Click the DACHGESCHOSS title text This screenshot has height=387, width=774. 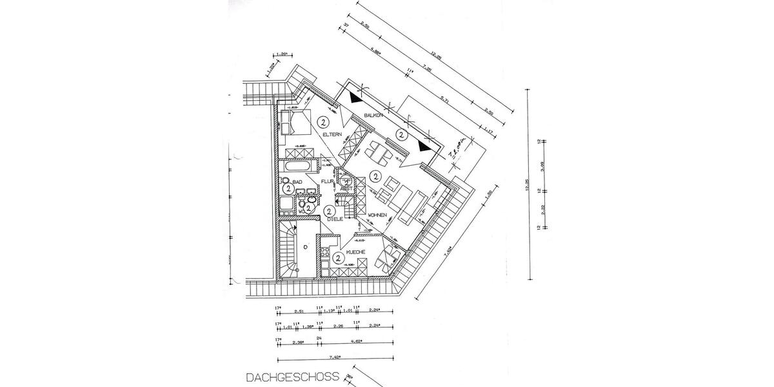click(292, 375)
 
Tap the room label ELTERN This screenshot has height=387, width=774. click(332, 134)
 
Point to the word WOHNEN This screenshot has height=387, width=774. click(377, 215)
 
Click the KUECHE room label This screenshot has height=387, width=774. click(357, 252)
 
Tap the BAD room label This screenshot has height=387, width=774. click(297, 183)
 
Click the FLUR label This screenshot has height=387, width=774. click(328, 183)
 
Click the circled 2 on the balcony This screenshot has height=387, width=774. click(401, 135)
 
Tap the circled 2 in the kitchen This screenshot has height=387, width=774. click(339, 258)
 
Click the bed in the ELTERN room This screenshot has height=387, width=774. click(294, 121)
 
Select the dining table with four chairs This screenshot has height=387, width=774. click(379, 155)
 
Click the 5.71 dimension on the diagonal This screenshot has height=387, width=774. click(444, 100)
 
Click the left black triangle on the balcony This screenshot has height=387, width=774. click(354, 98)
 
